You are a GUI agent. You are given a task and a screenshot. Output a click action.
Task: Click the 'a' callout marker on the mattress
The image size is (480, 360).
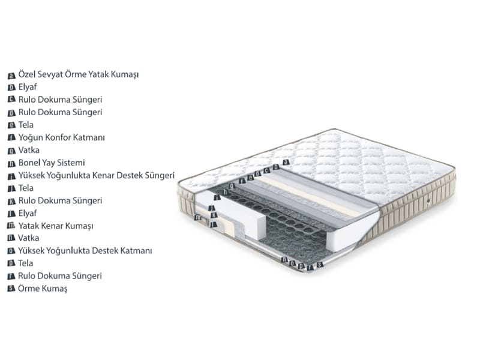(x=286, y=162)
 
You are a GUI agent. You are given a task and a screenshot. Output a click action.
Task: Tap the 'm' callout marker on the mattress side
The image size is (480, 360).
(x=198, y=218)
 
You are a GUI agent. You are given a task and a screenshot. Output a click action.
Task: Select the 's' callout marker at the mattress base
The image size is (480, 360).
(x=320, y=265)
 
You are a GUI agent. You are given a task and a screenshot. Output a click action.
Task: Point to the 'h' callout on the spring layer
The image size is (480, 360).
(x=226, y=192)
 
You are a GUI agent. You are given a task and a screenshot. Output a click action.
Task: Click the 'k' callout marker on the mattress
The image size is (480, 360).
(x=214, y=215)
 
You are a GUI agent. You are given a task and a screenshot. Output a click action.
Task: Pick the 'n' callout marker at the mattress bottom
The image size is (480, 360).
(x=284, y=260)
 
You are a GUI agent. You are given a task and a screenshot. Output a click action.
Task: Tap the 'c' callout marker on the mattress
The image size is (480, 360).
(x=267, y=170)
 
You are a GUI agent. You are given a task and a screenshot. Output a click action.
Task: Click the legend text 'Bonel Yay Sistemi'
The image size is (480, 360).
(x=52, y=163)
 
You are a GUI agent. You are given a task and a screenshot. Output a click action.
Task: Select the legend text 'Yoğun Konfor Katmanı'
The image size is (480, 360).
(x=62, y=138)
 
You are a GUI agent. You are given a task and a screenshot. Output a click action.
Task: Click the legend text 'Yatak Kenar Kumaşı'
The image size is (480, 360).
(x=56, y=226)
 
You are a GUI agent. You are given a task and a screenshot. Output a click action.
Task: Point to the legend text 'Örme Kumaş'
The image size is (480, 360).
(x=43, y=289)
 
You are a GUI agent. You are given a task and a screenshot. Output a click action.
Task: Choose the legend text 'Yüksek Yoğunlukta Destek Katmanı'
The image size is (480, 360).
(x=85, y=251)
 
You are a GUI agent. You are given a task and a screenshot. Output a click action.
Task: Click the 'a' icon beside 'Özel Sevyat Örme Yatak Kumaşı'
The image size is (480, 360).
(x=11, y=76)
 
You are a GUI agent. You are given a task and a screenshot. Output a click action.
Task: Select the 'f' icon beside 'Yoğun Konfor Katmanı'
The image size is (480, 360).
(x=11, y=138)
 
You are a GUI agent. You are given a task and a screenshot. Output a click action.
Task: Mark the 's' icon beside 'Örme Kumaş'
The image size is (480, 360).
(x=11, y=289)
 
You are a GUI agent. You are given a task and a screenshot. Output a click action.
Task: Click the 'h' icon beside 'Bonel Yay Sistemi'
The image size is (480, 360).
(x=11, y=164)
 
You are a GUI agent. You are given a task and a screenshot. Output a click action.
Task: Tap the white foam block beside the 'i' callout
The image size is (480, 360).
(x=233, y=214)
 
